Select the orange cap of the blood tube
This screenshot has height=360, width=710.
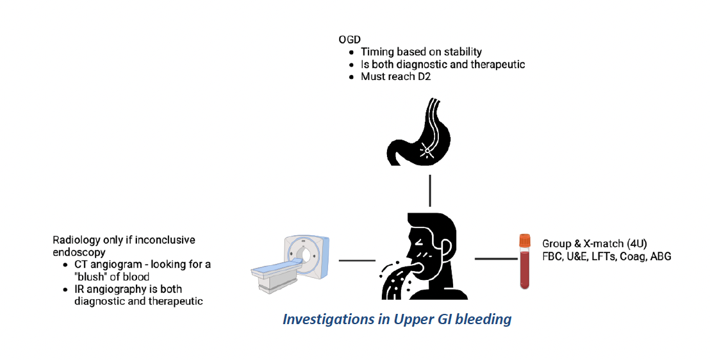pyautogui.click(x=525, y=241)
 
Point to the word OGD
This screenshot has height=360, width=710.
pyautogui.click(x=350, y=40)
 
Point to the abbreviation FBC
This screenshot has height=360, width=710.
pyautogui.click(x=552, y=256)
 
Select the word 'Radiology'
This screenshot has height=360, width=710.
pyautogui.click(x=76, y=240)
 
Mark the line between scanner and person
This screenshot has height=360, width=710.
pyautogui.click(x=357, y=260)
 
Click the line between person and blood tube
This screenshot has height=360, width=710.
pyautogui.click(x=495, y=259)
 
